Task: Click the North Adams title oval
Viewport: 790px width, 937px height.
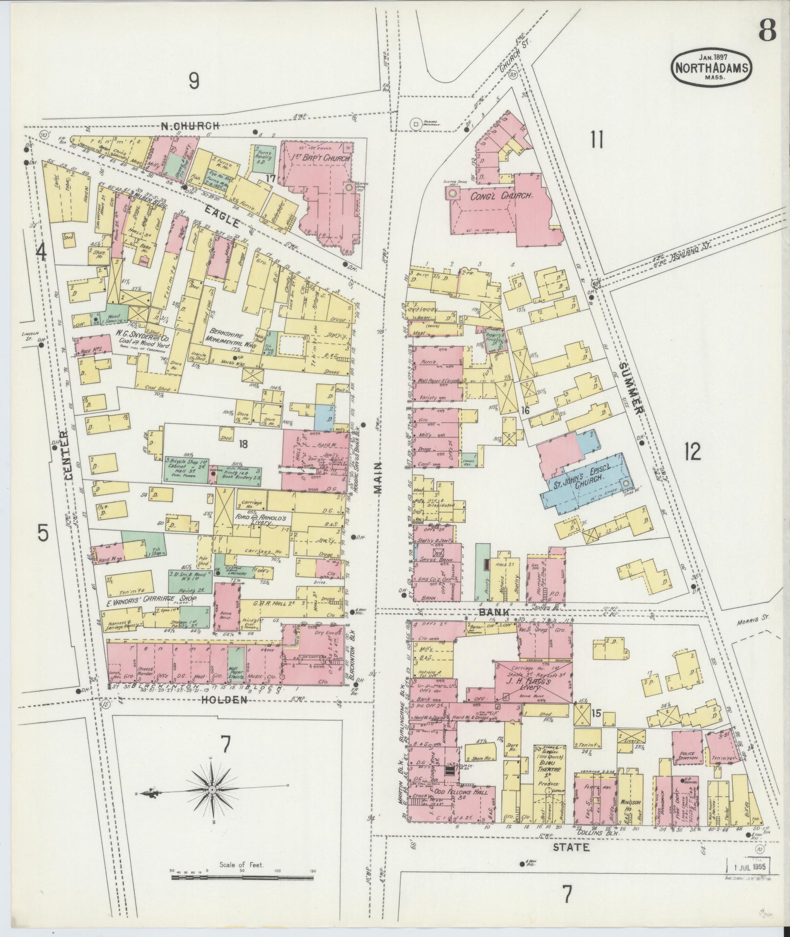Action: pyautogui.click(x=711, y=70)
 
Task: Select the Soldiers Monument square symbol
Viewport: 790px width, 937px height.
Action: pyautogui.click(x=416, y=124)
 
